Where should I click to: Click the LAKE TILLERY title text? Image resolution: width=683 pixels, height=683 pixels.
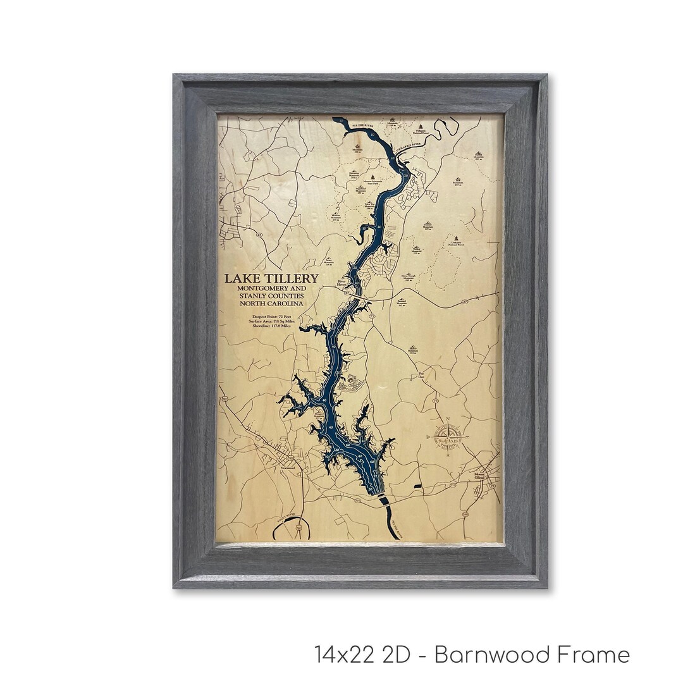[x=270, y=279]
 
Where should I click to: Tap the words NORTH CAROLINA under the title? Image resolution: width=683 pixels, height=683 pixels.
[x=270, y=304]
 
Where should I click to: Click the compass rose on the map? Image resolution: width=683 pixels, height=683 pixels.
[x=448, y=438]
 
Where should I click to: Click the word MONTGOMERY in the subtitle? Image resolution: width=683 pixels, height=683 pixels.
[x=255, y=288]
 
